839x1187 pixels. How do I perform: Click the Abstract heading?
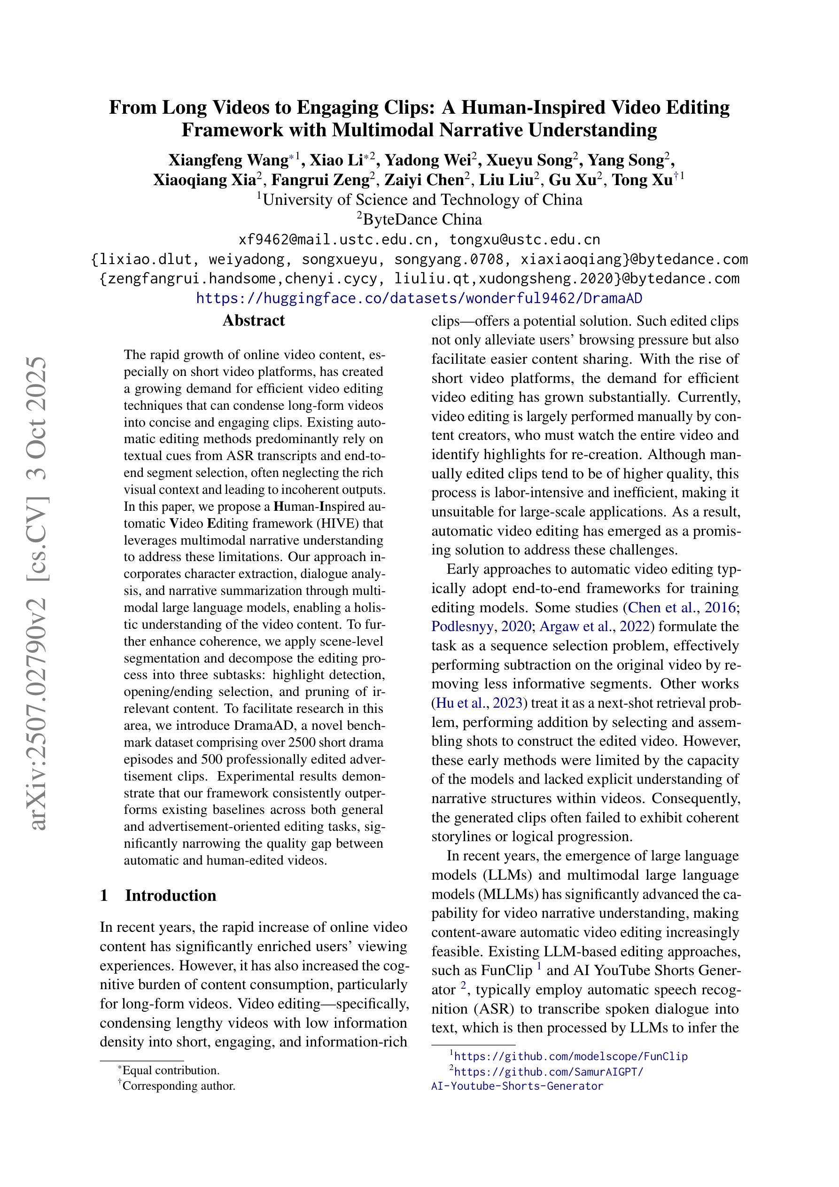click(253, 320)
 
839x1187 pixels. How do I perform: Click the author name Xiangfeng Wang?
click(228, 160)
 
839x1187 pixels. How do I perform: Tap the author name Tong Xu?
click(642, 180)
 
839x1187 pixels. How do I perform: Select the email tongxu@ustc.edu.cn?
click(524, 240)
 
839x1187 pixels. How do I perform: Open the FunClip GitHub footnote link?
click(571, 1056)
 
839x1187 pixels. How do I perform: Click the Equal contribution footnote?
click(171, 1070)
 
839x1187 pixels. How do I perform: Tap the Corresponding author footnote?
click(179, 1085)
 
